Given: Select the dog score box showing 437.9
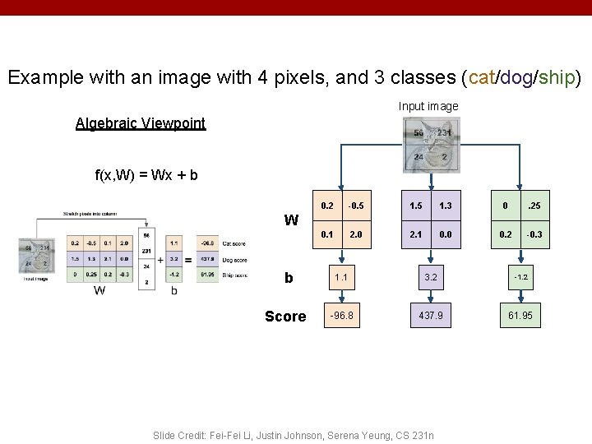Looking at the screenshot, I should click(x=430, y=316).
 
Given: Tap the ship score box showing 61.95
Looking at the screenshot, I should click(x=520, y=316).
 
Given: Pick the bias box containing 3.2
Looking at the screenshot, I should click(x=430, y=277).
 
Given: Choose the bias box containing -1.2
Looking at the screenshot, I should click(x=520, y=277).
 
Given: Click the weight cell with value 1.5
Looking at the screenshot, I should click(x=416, y=205).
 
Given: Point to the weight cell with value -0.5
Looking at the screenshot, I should click(x=356, y=205).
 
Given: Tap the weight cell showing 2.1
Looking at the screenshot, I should click(x=416, y=234).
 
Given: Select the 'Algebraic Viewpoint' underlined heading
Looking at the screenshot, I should click(x=141, y=123).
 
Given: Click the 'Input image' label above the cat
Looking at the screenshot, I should click(x=428, y=106).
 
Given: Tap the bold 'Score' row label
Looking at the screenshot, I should click(x=285, y=317).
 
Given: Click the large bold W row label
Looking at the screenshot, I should click(x=291, y=220).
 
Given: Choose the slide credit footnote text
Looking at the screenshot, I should click(x=294, y=434).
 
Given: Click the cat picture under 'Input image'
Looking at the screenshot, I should click(x=432, y=145).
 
